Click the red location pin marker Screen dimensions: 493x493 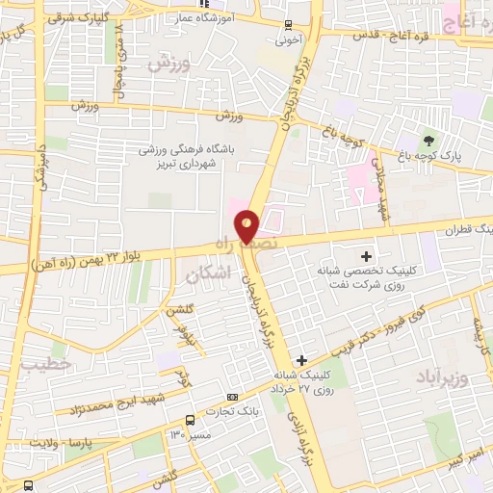click(248, 225)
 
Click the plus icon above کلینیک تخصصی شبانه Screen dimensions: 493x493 click(366, 256)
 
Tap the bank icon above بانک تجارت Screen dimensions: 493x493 click(232, 397)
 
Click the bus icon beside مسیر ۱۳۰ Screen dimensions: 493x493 click(190, 420)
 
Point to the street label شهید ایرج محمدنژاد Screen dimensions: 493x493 click(117, 403)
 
